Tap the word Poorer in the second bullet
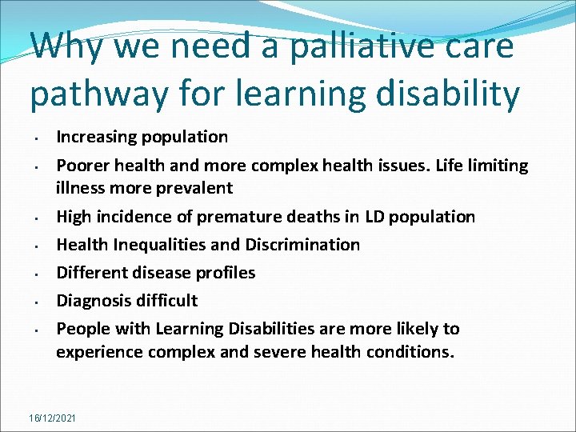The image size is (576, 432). tap(82, 166)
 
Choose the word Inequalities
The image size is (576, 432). tap(158, 245)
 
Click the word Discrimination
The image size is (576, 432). tap(306, 245)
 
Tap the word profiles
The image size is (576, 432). tap(225, 273)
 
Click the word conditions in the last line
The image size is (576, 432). tap(409, 351)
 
